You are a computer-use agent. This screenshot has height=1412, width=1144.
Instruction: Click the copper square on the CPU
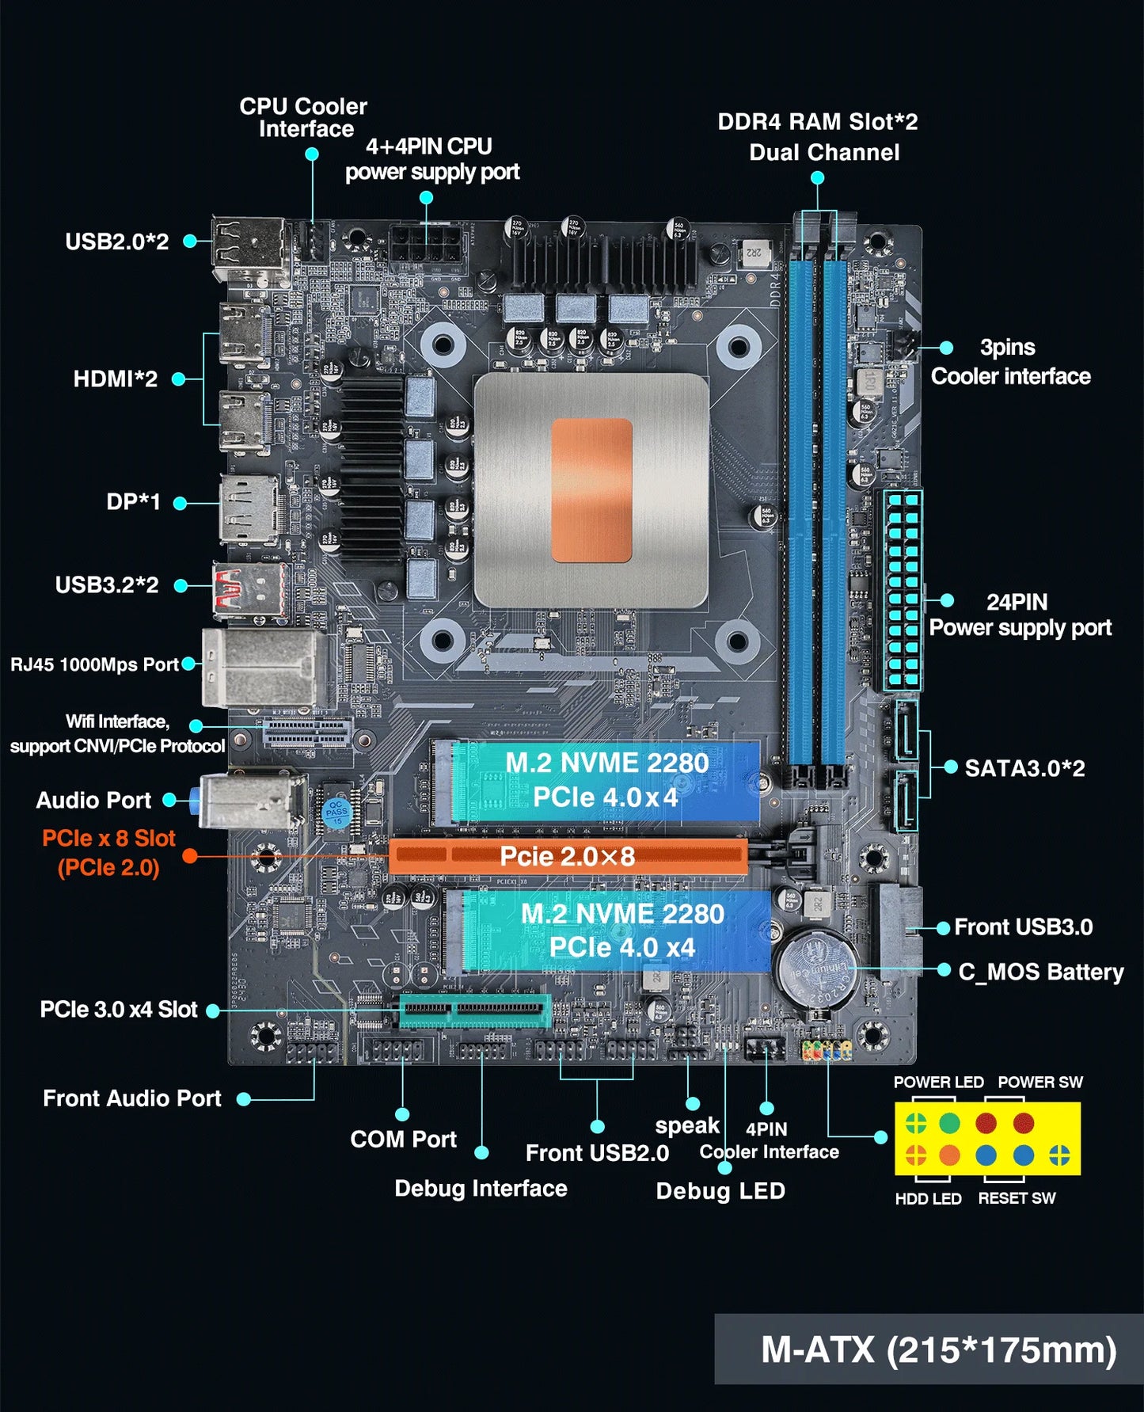(591, 490)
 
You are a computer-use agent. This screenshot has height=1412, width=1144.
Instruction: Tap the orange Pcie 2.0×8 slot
(568, 856)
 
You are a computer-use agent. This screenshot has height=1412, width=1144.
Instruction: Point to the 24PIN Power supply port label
(1020, 615)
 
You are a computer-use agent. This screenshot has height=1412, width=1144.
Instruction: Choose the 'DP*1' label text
(134, 502)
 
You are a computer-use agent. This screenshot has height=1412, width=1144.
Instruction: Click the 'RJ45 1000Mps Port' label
(94, 664)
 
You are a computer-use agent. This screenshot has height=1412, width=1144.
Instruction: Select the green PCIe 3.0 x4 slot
(475, 1010)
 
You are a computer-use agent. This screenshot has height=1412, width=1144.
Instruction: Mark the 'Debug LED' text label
(720, 1191)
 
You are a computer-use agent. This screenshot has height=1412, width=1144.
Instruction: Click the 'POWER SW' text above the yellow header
(1039, 1083)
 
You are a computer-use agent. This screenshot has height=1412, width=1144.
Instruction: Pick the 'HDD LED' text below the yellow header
(928, 1199)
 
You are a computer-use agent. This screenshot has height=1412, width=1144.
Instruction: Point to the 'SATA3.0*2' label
(1024, 768)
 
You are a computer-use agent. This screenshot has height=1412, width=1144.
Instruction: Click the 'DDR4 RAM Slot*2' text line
(817, 122)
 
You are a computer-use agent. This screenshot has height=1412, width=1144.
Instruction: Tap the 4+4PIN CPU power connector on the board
(426, 242)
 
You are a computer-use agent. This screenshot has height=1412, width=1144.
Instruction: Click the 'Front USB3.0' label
(1023, 927)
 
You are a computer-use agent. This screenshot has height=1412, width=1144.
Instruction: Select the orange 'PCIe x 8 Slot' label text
(108, 839)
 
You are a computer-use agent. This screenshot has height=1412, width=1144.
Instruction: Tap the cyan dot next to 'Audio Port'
(169, 801)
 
